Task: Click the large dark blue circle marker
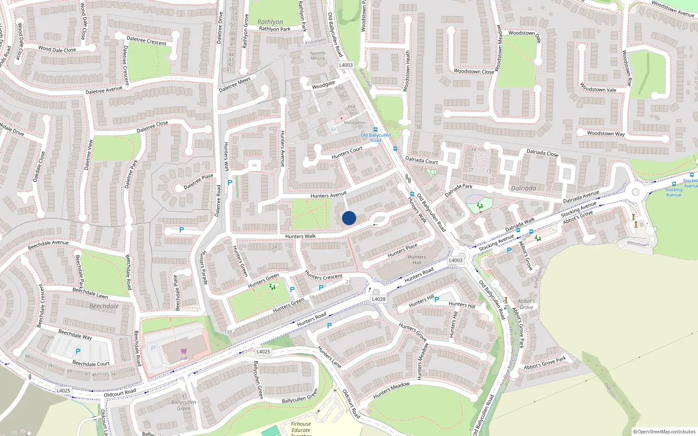pyautogui.click(x=349, y=218)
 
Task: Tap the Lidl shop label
pyautogui.click(x=184, y=358)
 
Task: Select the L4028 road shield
pyautogui.click(x=379, y=299)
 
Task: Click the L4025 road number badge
pyautogui.click(x=263, y=351)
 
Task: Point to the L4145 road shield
pyautogui.click(x=63, y=391)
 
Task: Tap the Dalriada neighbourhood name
pyautogui.click(x=523, y=188)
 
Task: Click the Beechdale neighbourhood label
pyautogui.click(x=104, y=306)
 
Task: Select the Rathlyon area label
pyautogui.click(x=270, y=22)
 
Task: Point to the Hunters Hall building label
pyautogui.click(x=417, y=260)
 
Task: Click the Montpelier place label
pyautogui.click(x=355, y=123)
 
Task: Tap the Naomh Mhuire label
pyautogui.click(x=318, y=56)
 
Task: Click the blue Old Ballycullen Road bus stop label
pyautogui.click(x=375, y=138)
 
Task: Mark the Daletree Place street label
pyautogui.click(x=198, y=181)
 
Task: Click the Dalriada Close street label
pyautogui.click(x=542, y=153)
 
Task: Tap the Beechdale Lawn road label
pyautogui.click(x=90, y=293)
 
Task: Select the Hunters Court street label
pyautogui.click(x=347, y=153)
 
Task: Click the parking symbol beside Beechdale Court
pyautogui.click(x=78, y=351)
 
